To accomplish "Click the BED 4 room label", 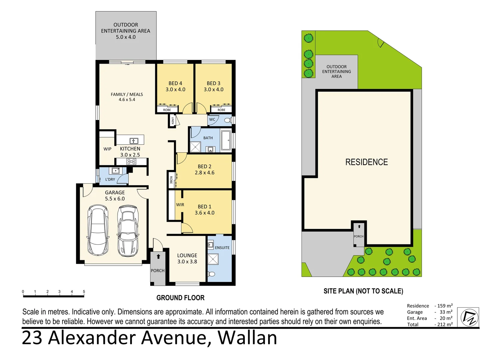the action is (x=175, y=83).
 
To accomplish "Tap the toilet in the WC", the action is (x=228, y=120).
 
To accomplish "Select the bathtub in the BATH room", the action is (x=226, y=140).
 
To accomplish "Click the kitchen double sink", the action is (x=134, y=141).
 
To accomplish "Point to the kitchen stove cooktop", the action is (x=131, y=161).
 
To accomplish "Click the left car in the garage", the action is (x=98, y=230).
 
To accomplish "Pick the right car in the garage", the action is (x=128, y=231).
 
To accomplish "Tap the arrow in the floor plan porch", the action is (x=159, y=256).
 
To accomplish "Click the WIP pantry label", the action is (x=107, y=149).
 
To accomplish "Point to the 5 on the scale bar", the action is (x=84, y=292).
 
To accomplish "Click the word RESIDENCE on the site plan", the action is (x=366, y=162).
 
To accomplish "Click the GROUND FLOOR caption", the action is (x=181, y=298).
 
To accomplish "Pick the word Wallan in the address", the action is (x=247, y=338).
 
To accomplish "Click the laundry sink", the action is (x=116, y=171).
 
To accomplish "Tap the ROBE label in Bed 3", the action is (x=222, y=110).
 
